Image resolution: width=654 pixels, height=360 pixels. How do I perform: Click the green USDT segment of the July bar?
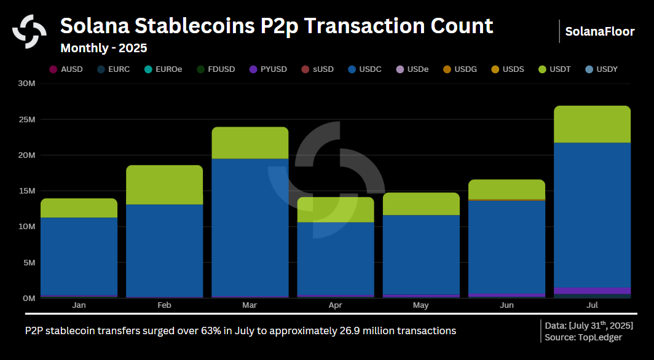click(592, 124)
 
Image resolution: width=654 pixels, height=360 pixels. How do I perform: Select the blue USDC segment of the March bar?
click(250, 227)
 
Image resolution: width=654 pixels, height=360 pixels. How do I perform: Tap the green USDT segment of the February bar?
click(164, 185)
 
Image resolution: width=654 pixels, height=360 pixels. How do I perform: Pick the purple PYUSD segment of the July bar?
click(592, 291)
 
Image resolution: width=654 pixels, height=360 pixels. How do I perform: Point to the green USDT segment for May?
click(421, 204)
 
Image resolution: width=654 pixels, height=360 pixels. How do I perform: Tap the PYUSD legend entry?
click(268, 69)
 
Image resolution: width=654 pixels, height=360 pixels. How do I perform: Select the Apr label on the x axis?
click(335, 305)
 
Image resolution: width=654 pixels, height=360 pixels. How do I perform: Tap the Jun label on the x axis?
click(506, 305)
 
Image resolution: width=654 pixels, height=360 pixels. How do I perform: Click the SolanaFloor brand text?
click(599, 31)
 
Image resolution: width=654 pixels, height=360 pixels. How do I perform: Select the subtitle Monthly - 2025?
click(103, 47)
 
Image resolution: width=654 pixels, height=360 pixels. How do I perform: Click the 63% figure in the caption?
click(211, 331)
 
